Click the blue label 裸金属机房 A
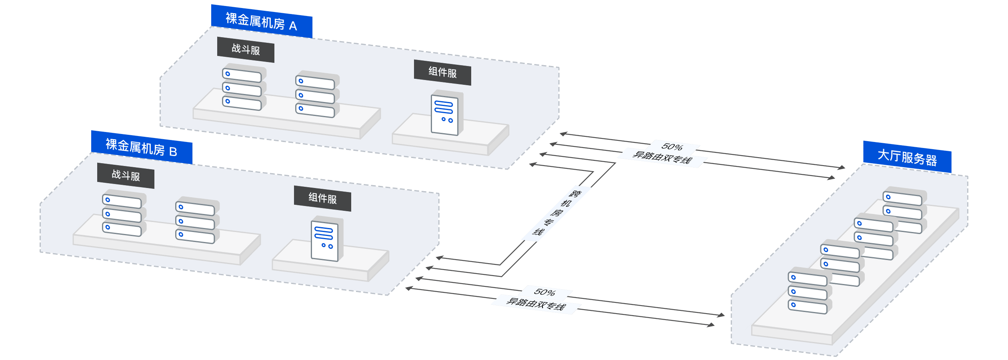click(x=261, y=22)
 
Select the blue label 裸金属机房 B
click(x=141, y=147)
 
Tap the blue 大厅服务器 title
click(x=907, y=157)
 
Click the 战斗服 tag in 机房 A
click(x=246, y=50)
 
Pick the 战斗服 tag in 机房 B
click(x=126, y=176)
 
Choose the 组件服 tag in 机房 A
click(x=442, y=72)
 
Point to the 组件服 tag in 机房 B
click(x=322, y=198)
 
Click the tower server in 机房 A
click(x=446, y=113)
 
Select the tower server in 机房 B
click(x=326, y=239)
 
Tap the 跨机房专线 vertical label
click(x=556, y=213)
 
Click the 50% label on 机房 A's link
click(x=672, y=147)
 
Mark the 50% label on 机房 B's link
click(x=544, y=292)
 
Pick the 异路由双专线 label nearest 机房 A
click(x=662, y=158)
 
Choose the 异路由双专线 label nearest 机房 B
click(x=536, y=304)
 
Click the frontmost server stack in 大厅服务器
click(x=808, y=291)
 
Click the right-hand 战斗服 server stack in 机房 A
click(x=316, y=94)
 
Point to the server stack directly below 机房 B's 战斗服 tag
click(x=123, y=213)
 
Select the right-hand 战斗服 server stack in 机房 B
click(x=196, y=220)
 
